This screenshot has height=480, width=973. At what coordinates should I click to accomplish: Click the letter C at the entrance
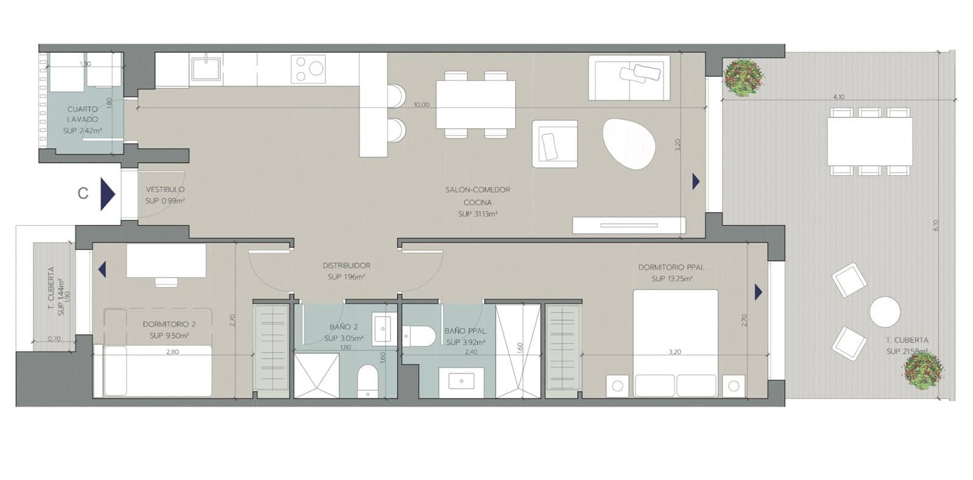(83, 193)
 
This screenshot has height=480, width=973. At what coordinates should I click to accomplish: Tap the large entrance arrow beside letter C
(108, 194)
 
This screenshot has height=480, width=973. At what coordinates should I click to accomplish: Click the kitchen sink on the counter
(207, 68)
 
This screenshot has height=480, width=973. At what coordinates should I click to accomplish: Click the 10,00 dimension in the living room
(421, 105)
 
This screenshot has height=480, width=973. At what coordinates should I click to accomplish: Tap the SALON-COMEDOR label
(477, 190)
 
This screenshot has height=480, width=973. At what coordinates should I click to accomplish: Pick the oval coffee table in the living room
(629, 144)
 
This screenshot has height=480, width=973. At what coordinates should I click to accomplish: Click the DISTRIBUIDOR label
(346, 265)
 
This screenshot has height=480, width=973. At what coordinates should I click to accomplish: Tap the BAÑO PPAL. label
(465, 331)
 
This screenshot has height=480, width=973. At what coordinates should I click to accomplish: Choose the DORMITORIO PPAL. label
(671, 267)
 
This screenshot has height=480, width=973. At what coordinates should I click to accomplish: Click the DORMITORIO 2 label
(169, 324)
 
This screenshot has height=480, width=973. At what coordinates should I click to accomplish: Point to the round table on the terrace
(884, 313)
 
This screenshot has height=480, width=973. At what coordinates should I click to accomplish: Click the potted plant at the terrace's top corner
(741, 77)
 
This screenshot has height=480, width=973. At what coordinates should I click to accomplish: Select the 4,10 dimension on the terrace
(838, 97)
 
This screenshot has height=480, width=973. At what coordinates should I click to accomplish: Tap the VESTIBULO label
(165, 190)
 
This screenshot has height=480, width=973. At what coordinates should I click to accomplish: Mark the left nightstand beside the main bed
(618, 386)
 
